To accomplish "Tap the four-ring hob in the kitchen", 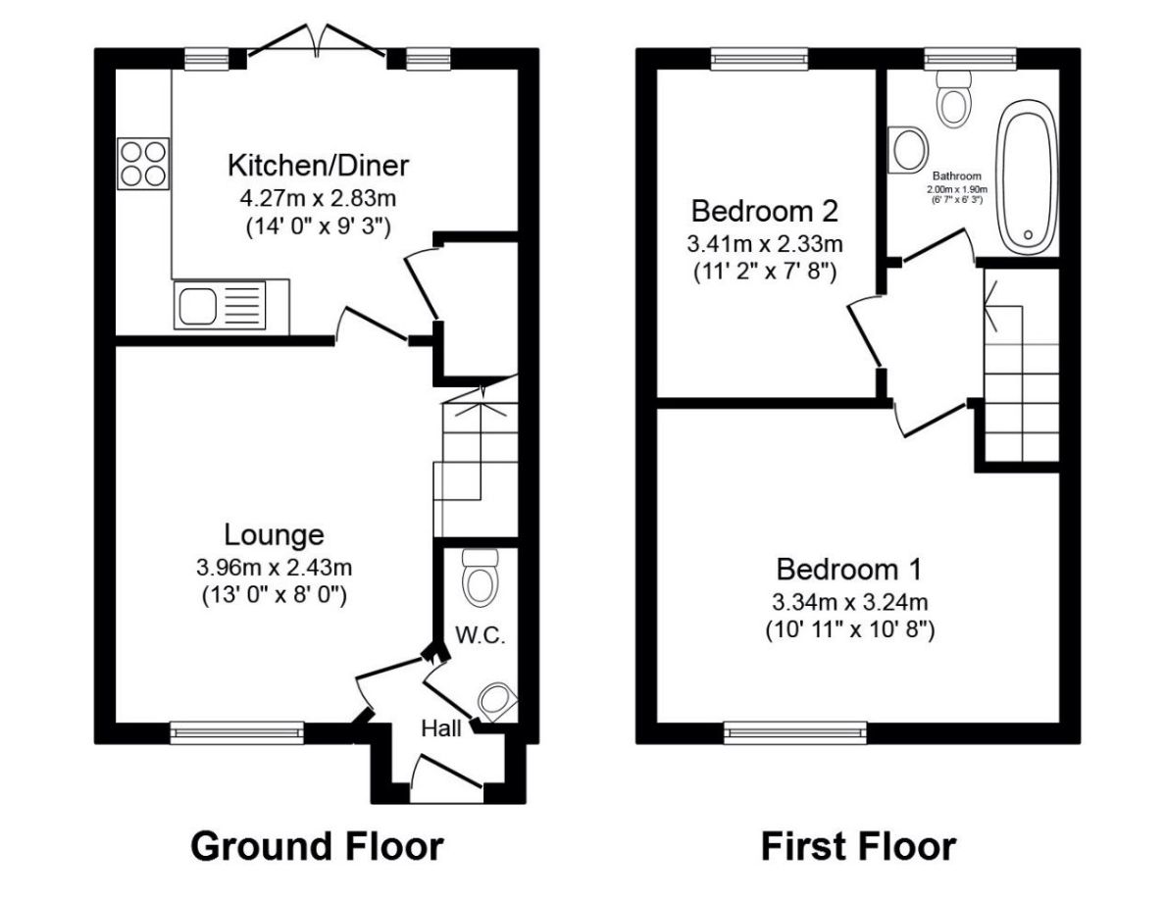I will coord(143,163).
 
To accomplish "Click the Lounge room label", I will coord(274,535).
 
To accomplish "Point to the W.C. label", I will coord(481,635).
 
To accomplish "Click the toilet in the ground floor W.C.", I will coord(481,577).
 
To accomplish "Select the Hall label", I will coord(442,728).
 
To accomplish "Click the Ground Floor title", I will coord(317,845).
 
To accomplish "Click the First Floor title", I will coord(858,845).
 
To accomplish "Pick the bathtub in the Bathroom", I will coord(1027,179).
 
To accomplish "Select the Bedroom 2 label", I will coord(764,211).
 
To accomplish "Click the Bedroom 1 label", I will coord(848,570).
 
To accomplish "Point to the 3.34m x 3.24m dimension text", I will coord(849,602).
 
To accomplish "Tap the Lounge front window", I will coord(236,730).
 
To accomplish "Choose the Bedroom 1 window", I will coord(795,730).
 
